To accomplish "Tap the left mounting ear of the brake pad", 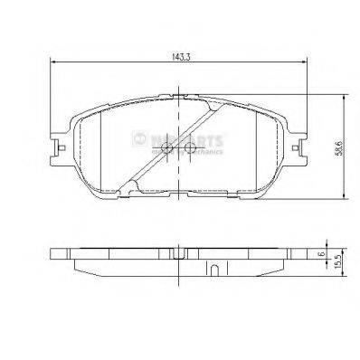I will click(60, 144).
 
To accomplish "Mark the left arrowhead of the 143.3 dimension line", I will click(52, 62).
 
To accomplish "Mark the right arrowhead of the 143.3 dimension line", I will click(308, 62).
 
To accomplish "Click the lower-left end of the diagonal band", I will click(129, 189).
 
